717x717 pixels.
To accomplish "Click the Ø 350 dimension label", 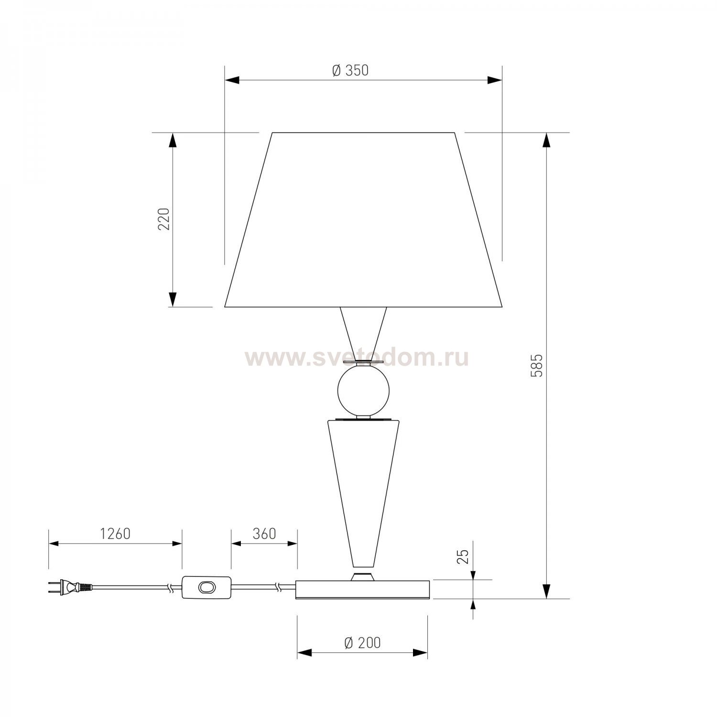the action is pyautogui.click(x=350, y=70).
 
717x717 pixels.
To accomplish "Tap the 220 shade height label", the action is pyautogui.click(x=164, y=219).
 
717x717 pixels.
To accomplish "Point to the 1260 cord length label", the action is pyautogui.click(x=115, y=533).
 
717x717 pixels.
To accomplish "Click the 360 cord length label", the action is pyautogui.click(x=264, y=533).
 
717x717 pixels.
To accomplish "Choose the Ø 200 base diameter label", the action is pyautogui.click(x=362, y=643).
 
